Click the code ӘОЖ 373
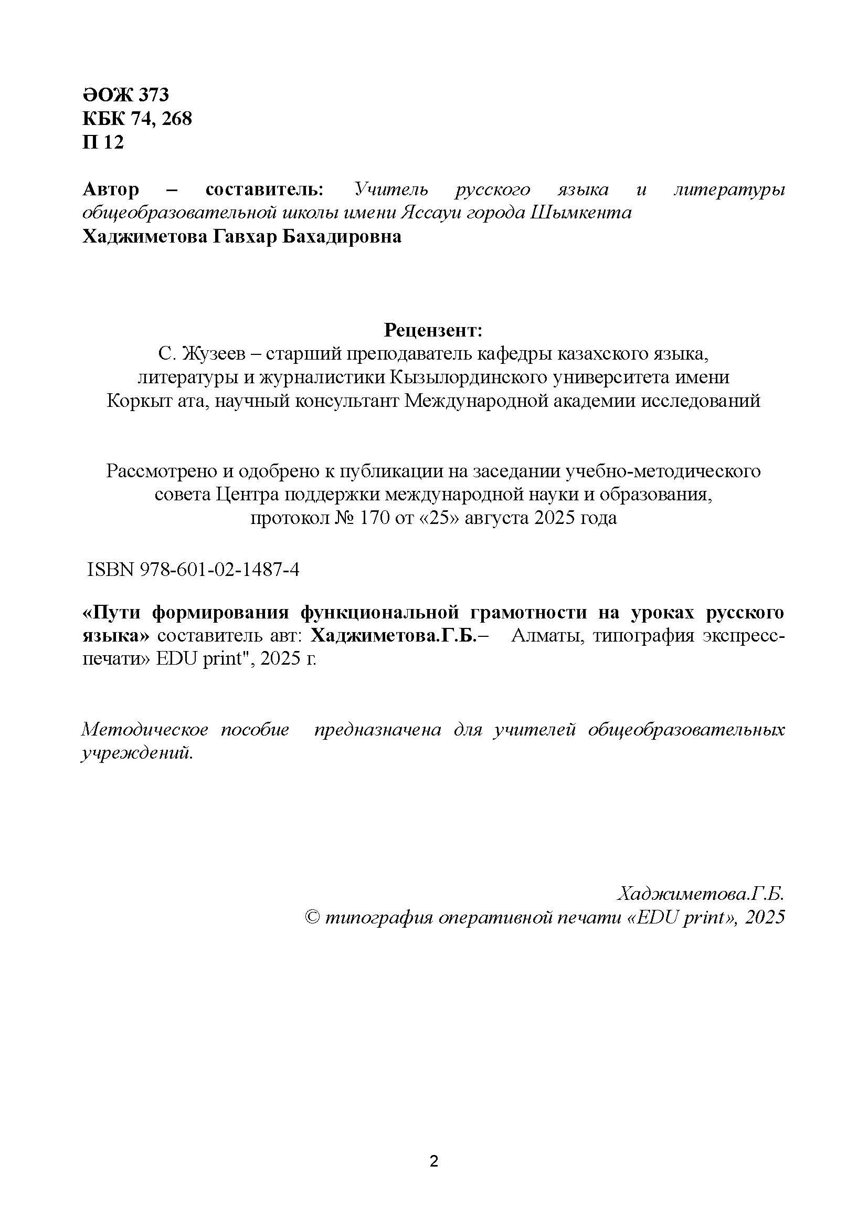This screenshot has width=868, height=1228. point(125,95)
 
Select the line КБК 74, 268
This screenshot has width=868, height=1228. point(137,118)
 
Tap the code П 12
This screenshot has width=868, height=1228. point(103,142)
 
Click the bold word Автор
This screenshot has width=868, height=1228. point(111,189)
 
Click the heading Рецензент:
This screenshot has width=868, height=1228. point(433,331)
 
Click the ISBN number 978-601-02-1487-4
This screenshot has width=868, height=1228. point(219,570)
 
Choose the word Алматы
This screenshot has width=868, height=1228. point(542,636)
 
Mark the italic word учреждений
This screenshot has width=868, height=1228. point(136,753)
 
